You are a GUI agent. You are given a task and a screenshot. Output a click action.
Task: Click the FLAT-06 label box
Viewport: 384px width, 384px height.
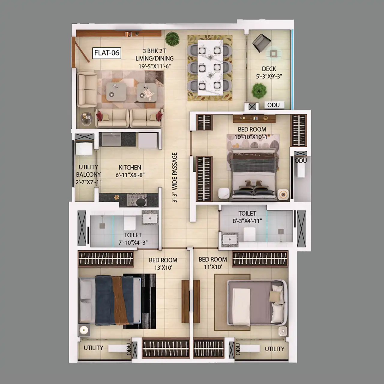(x=106, y=53)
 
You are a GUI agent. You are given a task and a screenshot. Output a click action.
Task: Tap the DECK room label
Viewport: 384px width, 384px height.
(x=269, y=69)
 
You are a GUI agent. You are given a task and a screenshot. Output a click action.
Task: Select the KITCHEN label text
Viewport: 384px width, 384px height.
(x=130, y=167)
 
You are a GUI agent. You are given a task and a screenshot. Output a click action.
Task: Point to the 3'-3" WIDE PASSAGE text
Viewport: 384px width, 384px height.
(x=175, y=178)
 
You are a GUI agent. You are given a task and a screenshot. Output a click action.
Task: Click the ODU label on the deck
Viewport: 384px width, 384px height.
(x=273, y=105)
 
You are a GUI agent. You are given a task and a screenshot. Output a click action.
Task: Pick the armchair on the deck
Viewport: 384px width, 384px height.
(x=262, y=43)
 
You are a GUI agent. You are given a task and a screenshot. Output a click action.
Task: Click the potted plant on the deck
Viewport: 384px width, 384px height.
(x=259, y=91)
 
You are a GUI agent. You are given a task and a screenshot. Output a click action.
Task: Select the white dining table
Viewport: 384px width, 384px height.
(x=210, y=67)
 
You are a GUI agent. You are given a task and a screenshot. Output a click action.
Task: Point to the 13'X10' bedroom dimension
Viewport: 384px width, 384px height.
(x=163, y=268)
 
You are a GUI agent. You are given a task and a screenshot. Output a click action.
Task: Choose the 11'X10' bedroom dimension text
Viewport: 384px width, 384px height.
(x=213, y=267)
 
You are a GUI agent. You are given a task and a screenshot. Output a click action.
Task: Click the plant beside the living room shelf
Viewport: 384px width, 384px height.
(x=172, y=39)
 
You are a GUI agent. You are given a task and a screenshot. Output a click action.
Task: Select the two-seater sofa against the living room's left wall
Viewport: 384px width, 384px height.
(x=87, y=90)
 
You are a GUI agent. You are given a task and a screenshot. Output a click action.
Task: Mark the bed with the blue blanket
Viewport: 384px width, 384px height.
(x=110, y=301)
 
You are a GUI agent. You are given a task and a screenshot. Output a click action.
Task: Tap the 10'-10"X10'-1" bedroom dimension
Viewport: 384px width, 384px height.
(x=252, y=137)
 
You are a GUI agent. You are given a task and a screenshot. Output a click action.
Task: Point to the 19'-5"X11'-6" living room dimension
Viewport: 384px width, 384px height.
(x=155, y=66)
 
